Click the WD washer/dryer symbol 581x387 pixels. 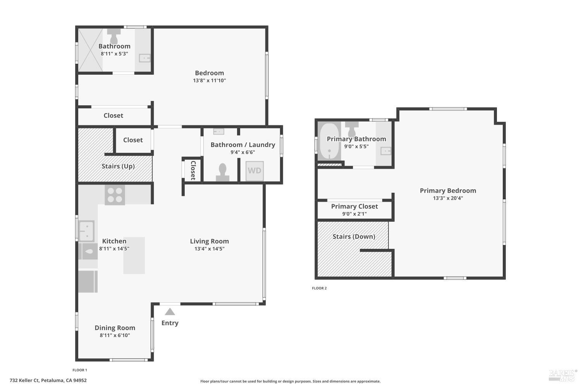[254, 171]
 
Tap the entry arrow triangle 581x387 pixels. [170, 312]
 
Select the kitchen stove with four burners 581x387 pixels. [115, 195]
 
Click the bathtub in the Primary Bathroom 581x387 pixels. [329, 142]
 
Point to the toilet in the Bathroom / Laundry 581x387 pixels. [222, 172]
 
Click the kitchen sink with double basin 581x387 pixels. [86, 231]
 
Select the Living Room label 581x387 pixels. [209, 241]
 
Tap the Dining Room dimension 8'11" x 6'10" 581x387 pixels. [115, 335]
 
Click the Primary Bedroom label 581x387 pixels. [448, 190]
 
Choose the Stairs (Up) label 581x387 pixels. [118, 166]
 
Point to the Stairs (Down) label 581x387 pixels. [354, 236]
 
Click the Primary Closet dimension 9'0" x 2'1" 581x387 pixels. [354, 214]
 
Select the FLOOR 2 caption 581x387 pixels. [319, 288]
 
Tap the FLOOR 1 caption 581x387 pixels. [80, 370]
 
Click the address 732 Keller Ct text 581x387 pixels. [48, 380]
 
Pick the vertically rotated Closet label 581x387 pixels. [193, 170]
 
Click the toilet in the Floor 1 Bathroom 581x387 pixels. [114, 36]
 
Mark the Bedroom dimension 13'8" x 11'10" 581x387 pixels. [209, 80]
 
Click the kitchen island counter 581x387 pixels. [134, 255]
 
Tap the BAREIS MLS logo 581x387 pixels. [562, 375]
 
